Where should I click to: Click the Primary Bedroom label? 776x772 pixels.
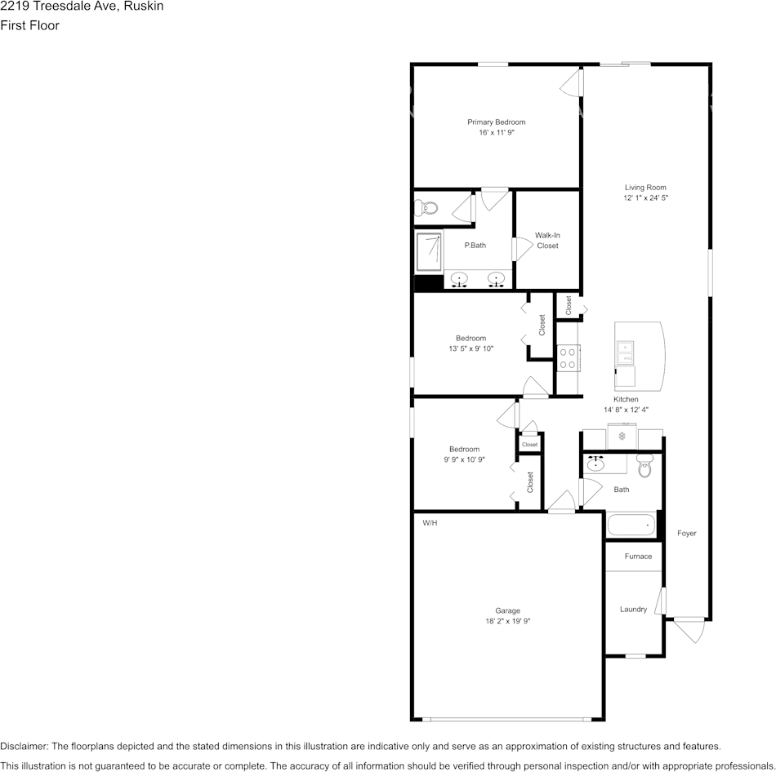tap(496, 122)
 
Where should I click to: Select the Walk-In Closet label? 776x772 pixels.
tap(547, 240)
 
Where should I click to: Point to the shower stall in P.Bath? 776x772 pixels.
tap(429, 252)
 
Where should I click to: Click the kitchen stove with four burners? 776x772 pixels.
tap(568, 358)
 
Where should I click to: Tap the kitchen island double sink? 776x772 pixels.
tap(626, 352)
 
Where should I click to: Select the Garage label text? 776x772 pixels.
tap(507, 610)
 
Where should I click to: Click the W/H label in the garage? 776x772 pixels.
tap(430, 522)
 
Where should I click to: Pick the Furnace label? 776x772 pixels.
tap(638, 557)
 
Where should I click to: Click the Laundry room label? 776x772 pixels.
tap(633, 609)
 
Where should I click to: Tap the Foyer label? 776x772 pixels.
tap(686, 533)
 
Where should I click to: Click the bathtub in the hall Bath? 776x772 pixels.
tap(631, 525)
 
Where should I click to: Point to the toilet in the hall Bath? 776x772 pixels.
tap(644, 468)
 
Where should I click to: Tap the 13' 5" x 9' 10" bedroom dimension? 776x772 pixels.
tap(471, 348)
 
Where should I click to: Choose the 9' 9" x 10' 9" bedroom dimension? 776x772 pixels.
tap(464, 459)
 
